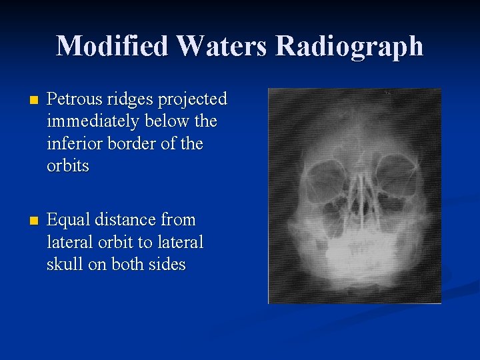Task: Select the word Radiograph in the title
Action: [349, 47]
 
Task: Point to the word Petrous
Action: [76, 99]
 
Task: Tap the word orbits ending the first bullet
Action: [67, 166]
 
